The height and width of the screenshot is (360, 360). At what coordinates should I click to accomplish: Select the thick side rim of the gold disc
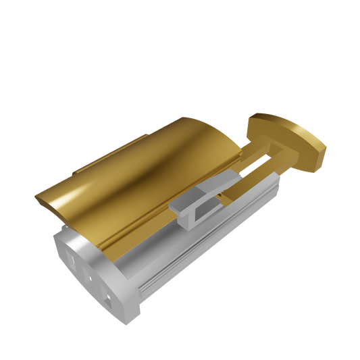pyautogui.click(x=317, y=153)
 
